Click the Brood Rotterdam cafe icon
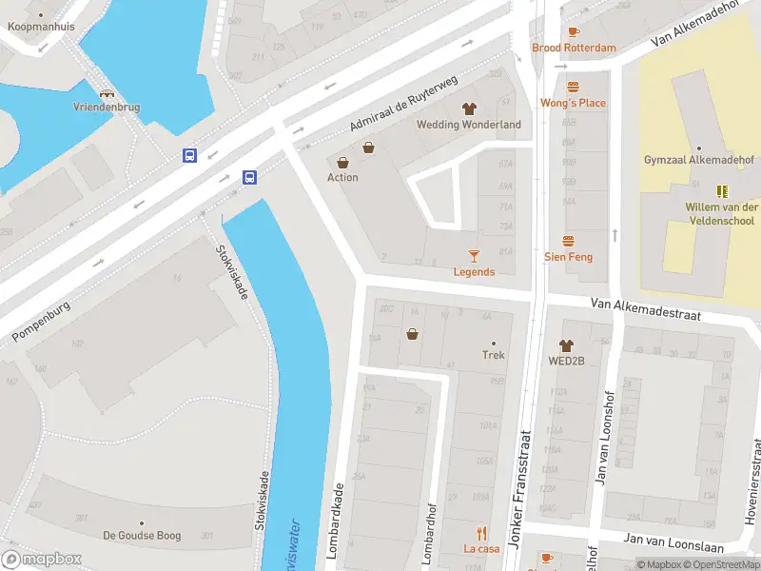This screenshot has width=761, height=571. pos(574,31)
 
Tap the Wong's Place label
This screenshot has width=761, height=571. pos(573,103)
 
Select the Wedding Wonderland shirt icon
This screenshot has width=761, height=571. pos(468,108)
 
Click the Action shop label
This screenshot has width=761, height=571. pos(342,178)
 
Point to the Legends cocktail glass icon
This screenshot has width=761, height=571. pos(474,255)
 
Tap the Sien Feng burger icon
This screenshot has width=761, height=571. pos(568,241)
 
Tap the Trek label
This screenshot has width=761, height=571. pos(493,355)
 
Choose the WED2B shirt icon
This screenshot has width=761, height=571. pos(566,345)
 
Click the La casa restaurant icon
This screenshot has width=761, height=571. pos(481,533)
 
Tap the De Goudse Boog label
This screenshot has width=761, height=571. pos(142,536)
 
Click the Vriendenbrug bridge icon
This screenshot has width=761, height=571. pos(107,93)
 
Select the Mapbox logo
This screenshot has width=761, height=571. pos(41,560)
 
